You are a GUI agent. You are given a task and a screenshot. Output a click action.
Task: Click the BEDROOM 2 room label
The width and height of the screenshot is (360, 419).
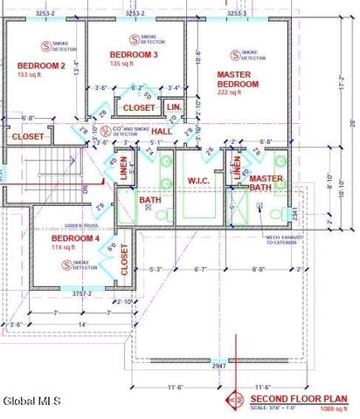[x=41, y=65]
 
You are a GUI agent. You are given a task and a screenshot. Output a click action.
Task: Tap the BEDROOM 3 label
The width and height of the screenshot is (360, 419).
[x=133, y=55]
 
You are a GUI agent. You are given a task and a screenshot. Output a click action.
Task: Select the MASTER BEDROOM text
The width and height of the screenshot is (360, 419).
[x=238, y=79]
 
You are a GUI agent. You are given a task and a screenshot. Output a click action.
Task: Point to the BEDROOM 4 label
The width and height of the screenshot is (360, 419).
[x=76, y=238]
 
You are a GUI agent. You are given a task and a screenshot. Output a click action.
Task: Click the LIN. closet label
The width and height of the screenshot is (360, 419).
[x=174, y=106]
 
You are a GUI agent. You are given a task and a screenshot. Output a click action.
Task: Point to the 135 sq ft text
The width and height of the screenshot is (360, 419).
[x=125, y=64]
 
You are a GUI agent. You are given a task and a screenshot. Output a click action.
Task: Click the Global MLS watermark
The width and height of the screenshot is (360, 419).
[x=31, y=401]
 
